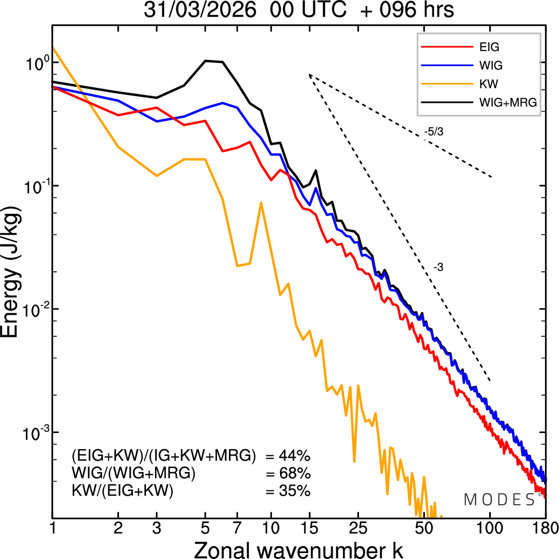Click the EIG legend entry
[489, 47]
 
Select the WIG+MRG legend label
[508, 103]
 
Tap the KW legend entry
[489, 84]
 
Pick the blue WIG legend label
[491, 65]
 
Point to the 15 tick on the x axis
[309, 528]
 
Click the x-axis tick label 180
[545, 528]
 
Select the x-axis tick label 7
[237, 528]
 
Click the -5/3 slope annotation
[434, 132]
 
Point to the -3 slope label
[438, 267]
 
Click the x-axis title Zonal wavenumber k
[298, 549]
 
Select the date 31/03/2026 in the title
[200, 10]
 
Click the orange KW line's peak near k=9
[261, 203]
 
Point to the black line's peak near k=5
[207, 61]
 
